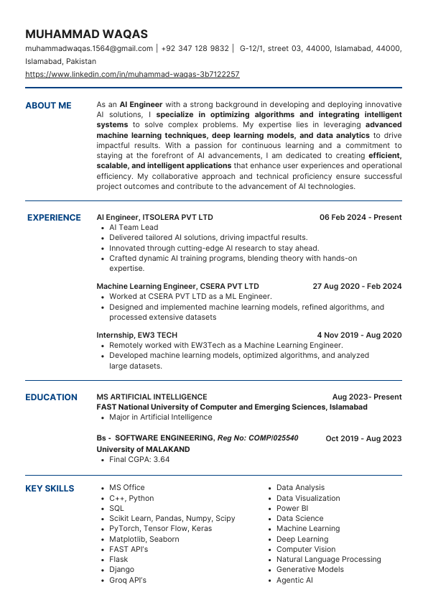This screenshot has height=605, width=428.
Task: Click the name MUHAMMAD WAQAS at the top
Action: tap(86, 34)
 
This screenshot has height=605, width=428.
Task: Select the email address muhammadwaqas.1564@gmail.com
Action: tap(89, 49)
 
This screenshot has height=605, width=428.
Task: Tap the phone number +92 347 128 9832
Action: tap(195, 49)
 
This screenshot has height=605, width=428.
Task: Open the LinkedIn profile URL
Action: tap(132, 74)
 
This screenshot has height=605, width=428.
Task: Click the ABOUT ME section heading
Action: tap(48, 106)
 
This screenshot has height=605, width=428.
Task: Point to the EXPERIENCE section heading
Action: tap(54, 218)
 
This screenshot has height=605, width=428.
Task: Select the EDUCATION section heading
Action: tap(51, 397)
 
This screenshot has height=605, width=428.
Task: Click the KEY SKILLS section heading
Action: tap(50, 489)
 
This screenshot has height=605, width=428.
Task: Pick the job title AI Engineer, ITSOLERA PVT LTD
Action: tap(154, 218)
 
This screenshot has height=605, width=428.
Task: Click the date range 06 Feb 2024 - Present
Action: tap(360, 218)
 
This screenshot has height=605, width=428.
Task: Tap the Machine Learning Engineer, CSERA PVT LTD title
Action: tap(177, 287)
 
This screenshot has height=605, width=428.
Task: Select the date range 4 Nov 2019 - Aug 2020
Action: tap(359, 335)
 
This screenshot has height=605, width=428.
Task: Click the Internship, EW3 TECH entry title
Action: tap(136, 335)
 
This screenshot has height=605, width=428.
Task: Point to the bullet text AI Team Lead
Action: tap(134, 228)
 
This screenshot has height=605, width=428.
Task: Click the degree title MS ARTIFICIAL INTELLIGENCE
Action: tap(152, 397)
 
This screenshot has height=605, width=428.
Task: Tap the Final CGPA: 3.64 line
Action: tap(139, 460)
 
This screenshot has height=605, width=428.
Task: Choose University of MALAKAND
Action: tap(143, 449)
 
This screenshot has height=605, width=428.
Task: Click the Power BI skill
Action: tap(292, 508)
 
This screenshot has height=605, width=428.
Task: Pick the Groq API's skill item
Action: tap(128, 580)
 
